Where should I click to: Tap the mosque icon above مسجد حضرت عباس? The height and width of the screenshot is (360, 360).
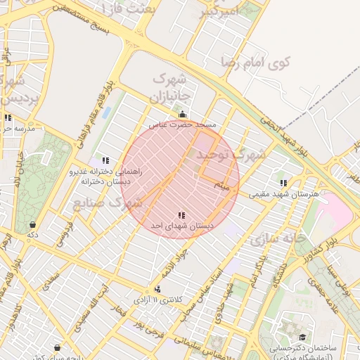click(183, 114)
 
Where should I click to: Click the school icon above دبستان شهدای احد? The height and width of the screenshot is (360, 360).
click(181, 215)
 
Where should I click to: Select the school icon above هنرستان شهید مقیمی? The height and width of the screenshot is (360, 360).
click(283, 183)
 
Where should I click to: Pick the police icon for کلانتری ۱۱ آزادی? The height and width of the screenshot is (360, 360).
click(157, 289)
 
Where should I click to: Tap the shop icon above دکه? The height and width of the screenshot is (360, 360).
click(32, 224)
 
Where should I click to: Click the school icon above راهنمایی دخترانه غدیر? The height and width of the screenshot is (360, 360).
click(105, 160)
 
